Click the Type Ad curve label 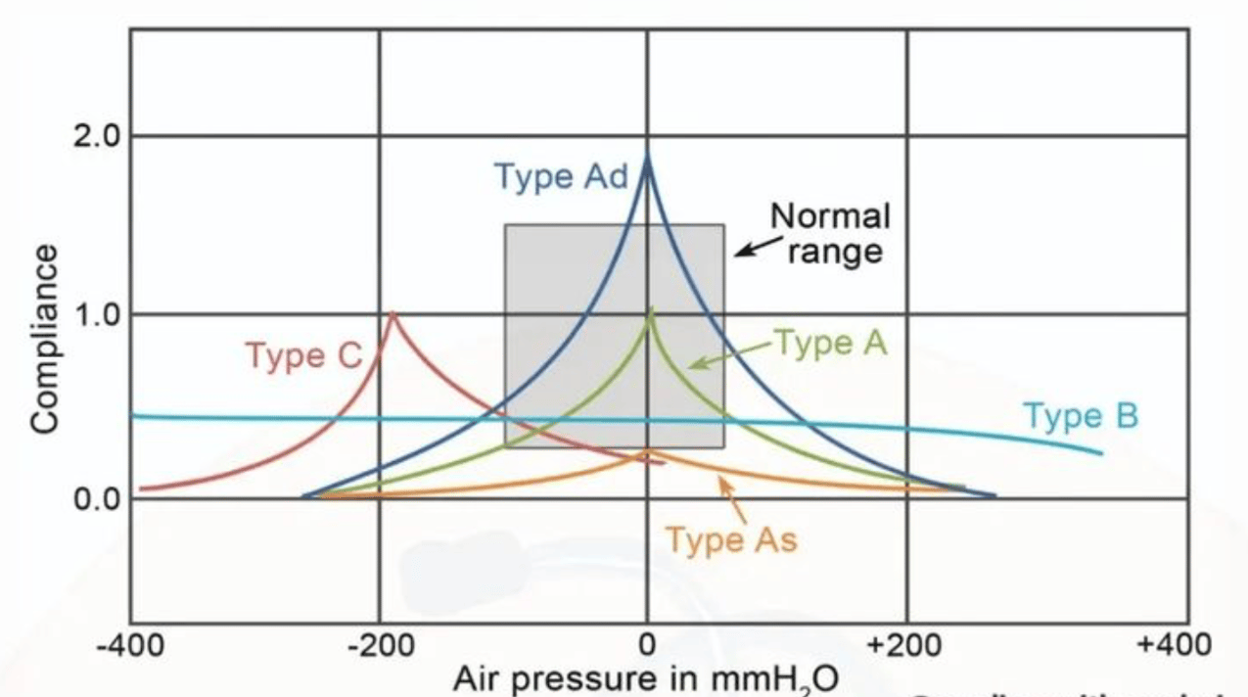pyautogui.click(x=561, y=177)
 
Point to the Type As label pyautogui.click(x=731, y=539)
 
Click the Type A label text pyautogui.click(x=830, y=342)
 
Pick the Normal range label pyautogui.click(x=830, y=233)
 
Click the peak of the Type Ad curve pyautogui.click(x=647, y=161)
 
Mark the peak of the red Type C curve pyautogui.click(x=393, y=314)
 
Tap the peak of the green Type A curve pyautogui.click(x=648, y=311)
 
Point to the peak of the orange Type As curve pyautogui.click(x=647, y=451)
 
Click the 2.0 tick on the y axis pyautogui.click(x=99, y=136)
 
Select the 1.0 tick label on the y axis pyautogui.click(x=99, y=315)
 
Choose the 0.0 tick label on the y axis pyautogui.click(x=99, y=499)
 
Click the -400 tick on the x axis pyautogui.click(x=130, y=646)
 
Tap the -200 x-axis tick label pyautogui.click(x=379, y=646)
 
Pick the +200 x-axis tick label pyautogui.click(x=906, y=646)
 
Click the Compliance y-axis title pyautogui.click(x=45, y=338)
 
